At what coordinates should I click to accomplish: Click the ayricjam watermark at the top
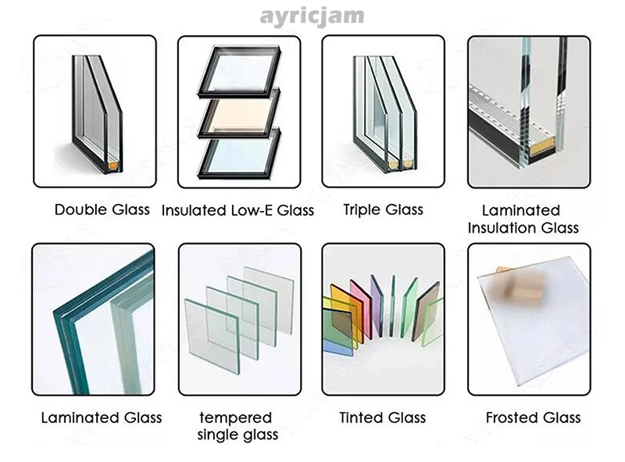tap(312, 16)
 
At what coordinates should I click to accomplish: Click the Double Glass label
tap(102, 210)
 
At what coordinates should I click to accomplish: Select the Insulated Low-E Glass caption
tap(237, 210)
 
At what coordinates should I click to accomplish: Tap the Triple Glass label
tap(383, 210)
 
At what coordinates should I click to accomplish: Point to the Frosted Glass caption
tap(533, 417)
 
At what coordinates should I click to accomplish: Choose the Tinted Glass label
tap(383, 417)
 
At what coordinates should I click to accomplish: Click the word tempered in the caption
tap(236, 417)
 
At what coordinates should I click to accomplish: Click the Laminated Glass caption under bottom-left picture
tap(102, 417)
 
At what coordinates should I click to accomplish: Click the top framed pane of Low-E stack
tap(239, 72)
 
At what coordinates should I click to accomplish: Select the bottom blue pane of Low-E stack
tap(238, 155)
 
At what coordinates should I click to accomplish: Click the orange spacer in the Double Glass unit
tap(113, 164)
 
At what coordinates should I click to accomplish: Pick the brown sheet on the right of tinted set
tap(425, 311)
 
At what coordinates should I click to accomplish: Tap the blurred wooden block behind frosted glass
tap(518, 286)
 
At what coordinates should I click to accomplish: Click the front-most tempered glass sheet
tap(212, 336)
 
